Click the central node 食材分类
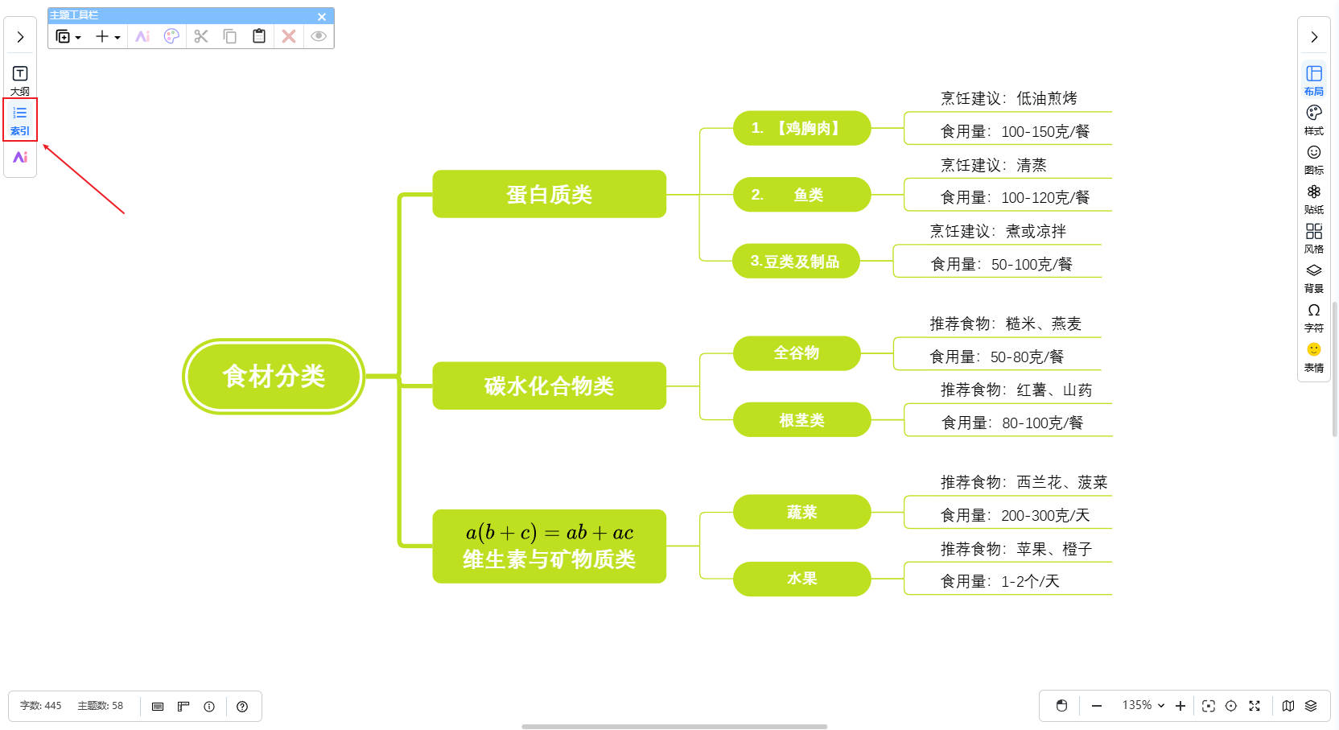pos(274,376)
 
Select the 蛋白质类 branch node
pos(549,194)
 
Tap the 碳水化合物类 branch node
pos(549,386)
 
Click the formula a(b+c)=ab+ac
pos(549,533)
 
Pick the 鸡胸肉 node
pos(801,128)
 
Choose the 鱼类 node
pos(801,195)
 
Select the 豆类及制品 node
pos(795,262)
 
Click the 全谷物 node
pos(796,353)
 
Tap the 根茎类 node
pos(801,420)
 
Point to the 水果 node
pos(801,579)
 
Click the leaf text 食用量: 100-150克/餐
pos(1014,131)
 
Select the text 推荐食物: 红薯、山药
pos(1016,390)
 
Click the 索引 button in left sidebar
pos(20,119)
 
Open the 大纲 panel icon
pos(20,80)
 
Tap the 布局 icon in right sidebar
pos(1313,80)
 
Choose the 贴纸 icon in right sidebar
pos(1313,198)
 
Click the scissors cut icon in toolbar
pos(201,36)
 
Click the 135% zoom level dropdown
pos(1143,705)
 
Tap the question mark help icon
pos(242,707)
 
